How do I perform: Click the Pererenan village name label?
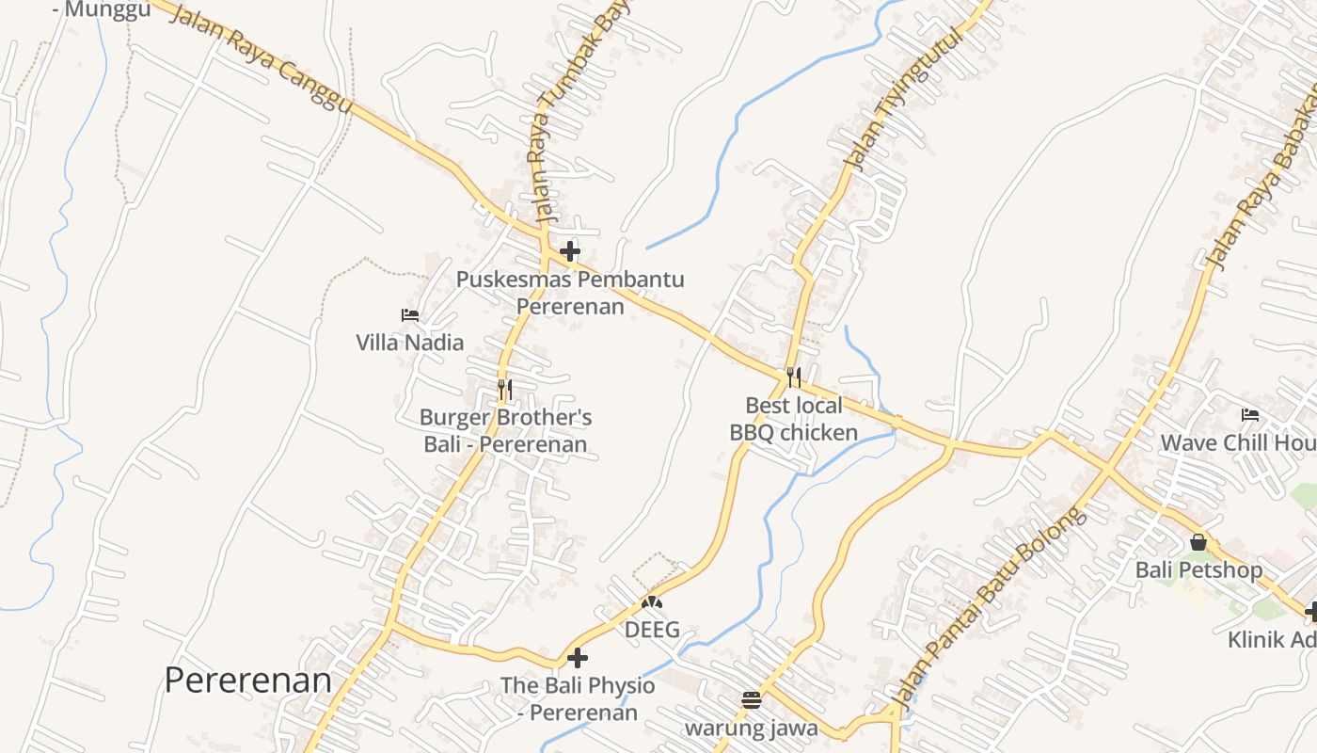tap(248, 680)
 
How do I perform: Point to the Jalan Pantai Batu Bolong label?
tap(987, 608)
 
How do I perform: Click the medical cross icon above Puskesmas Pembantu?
tap(570, 251)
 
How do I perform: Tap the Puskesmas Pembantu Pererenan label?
tap(570, 293)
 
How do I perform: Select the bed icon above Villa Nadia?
tap(410, 315)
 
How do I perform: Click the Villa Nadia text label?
tap(410, 343)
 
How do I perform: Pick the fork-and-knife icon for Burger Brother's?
tap(505, 390)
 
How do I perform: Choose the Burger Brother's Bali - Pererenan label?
tap(505, 431)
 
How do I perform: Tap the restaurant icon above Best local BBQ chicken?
tap(794, 377)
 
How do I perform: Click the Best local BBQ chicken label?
tap(794, 419)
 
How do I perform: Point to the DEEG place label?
tap(652, 630)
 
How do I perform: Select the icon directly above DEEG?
tap(652, 601)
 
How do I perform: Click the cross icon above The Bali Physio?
tap(578, 657)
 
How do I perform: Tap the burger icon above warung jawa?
tap(751, 699)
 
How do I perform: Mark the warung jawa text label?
tap(751, 728)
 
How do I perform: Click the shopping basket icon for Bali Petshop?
tap(1198, 542)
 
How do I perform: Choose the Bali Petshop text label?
tap(1198, 569)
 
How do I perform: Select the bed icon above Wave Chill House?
tap(1250, 414)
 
